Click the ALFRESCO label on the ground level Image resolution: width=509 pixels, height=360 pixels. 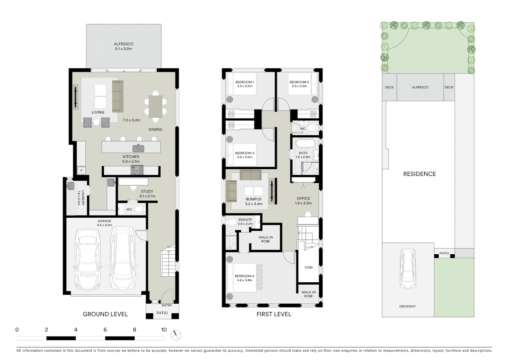(x=124, y=46)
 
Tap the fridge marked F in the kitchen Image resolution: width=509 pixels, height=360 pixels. (x=81, y=171)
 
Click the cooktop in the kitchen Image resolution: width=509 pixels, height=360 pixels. (x=137, y=170)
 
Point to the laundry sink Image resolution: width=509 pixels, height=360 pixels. (x=71, y=186)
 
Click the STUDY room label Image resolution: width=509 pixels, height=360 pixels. (x=147, y=193)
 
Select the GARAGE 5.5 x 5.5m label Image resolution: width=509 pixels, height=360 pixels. (x=105, y=223)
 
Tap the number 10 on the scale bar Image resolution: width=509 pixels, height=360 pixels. (x=164, y=330)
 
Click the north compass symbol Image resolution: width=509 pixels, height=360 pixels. (x=176, y=335)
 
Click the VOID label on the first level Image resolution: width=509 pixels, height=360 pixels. (x=308, y=267)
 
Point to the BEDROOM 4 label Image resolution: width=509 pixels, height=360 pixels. (x=245, y=278)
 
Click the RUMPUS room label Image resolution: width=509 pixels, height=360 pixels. (x=254, y=201)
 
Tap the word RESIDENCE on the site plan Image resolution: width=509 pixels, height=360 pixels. (x=419, y=174)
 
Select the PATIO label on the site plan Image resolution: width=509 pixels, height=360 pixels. (x=444, y=253)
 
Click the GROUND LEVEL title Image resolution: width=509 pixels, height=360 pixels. (x=105, y=314)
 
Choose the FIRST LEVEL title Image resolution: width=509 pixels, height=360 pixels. (x=274, y=314)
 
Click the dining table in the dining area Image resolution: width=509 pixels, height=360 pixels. (x=155, y=106)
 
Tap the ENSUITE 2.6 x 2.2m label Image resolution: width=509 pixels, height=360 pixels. (x=246, y=222)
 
